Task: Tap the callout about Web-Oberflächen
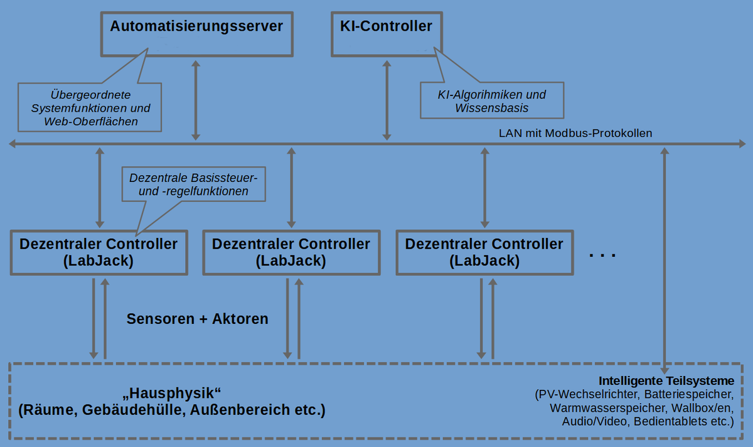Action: point(91,108)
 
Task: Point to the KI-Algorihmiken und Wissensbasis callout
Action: point(491,101)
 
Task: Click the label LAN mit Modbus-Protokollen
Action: point(575,133)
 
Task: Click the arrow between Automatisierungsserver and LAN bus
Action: point(196,100)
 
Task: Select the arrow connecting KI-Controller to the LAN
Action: point(387,100)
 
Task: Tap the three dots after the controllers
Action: point(603,255)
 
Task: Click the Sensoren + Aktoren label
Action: point(197,319)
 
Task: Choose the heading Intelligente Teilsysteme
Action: point(666,381)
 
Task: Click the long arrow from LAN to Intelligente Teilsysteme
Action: point(665,257)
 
